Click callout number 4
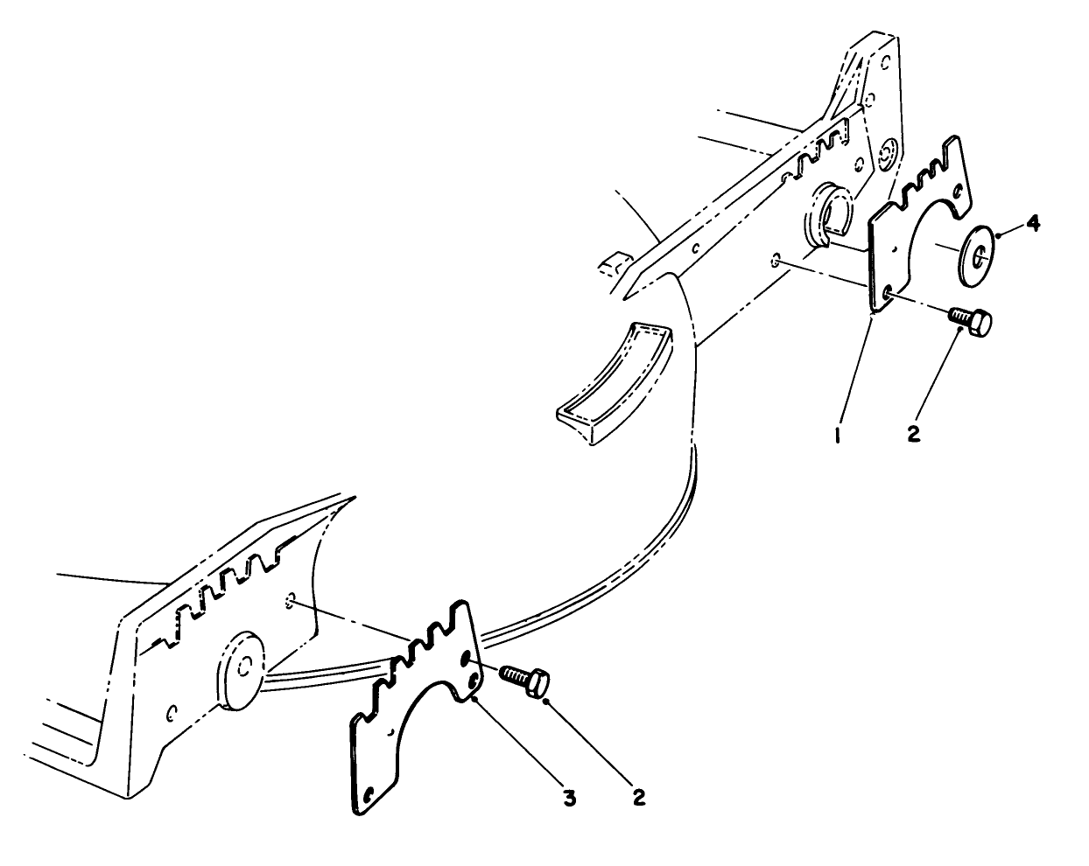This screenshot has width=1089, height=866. pyautogui.click(x=1034, y=224)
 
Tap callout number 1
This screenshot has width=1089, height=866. pyautogui.click(x=838, y=433)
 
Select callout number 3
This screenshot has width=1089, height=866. pyautogui.click(x=570, y=798)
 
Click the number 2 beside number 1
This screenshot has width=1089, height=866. pyautogui.click(x=914, y=433)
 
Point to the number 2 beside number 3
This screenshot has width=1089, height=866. pyautogui.click(x=639, y=798)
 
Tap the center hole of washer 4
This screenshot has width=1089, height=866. pyautogui.click(x=980, y=255)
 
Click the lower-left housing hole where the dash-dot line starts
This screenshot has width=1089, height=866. pyautogui.click(x=290, y=600)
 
